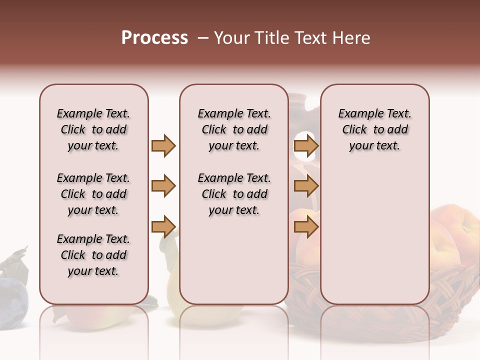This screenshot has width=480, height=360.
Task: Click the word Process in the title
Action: [x=154, y=38]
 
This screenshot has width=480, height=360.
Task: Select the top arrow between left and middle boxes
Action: [x=163, y=145]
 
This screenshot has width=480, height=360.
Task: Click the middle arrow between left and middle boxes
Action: [x=163, y=186]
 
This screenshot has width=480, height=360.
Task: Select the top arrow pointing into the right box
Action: [x=306, y=146]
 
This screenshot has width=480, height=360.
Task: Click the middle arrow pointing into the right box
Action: [x=306, y=186]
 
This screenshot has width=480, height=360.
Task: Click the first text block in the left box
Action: [x=93, y=129]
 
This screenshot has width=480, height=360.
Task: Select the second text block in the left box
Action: [x=93, y=194]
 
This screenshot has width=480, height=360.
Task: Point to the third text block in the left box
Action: [x=93, y=255]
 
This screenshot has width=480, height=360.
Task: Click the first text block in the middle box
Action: [x=234, y=129]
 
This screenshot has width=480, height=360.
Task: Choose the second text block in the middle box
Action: [x=234, y=194]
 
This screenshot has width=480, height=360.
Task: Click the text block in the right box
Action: [x=375, y=129]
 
